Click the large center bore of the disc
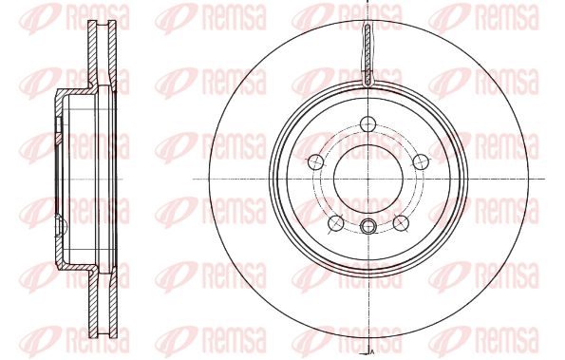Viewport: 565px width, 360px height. [x=367, y=179]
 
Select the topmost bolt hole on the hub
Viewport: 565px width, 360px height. [x=367, y=124]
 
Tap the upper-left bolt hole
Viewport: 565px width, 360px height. [x=316, y=161]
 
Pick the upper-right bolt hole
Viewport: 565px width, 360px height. [x=420, y=161]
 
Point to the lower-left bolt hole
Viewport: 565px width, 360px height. [x=336, y=223]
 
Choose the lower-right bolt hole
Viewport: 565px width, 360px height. [x=401, y=223]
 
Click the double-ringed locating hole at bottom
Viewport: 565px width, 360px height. [x=367, y=226]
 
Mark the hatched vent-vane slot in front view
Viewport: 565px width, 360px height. [x=367, y=55]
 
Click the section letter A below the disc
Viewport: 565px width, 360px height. [x=371, y=351]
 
